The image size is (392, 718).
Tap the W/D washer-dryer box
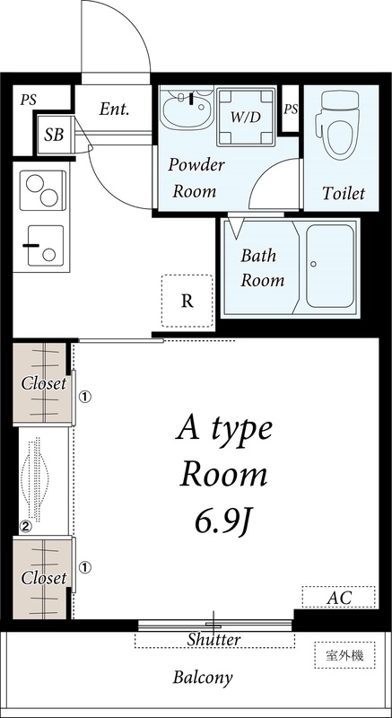click(x=245, y=117)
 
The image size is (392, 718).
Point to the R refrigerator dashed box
click(x=187, y=300)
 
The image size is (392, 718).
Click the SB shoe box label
click(x=54, y=135)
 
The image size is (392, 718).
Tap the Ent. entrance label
click(x=114, y=109)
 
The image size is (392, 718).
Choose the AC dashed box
click(x=338, y=597)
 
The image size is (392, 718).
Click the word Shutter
click(x=214, y=640)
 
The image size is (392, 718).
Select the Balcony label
click(x=203, y=678)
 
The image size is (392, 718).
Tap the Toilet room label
click(x=344, y=193)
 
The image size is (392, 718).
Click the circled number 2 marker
click(x=26, y=527)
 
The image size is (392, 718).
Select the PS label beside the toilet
click(x=291, y=109)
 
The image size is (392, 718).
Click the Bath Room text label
click(x=262, y=267)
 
